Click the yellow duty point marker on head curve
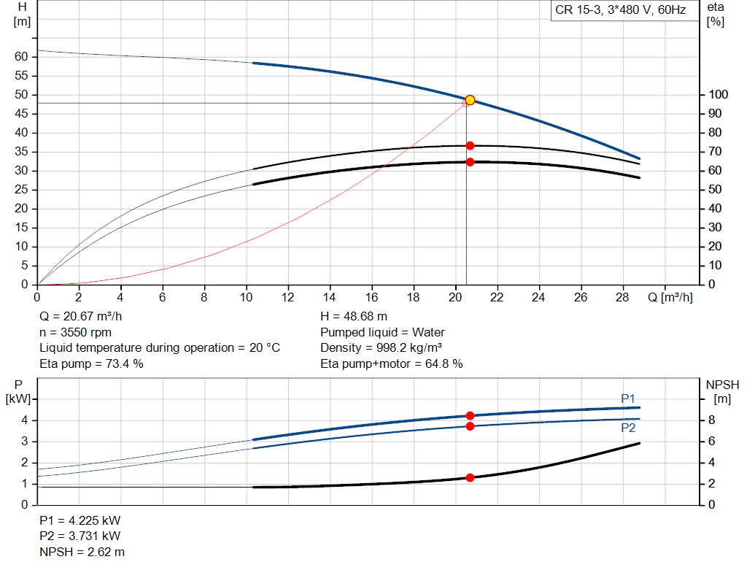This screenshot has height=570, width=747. [470, 100]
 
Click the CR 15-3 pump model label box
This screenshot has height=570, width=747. [621, 11]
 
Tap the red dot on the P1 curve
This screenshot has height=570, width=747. [470, 415]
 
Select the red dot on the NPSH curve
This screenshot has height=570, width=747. [470, 477]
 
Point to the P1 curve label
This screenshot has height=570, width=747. [628, 398]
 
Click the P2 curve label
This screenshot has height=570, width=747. [628, 428]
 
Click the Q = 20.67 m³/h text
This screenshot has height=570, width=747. [80, 317]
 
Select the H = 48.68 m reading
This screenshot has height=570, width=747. [354, 317]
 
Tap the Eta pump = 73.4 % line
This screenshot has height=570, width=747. [91, 363]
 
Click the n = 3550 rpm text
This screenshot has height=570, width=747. [75, 332]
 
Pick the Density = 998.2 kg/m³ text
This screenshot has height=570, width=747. [382, 348]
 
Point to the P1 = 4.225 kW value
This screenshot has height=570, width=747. [80, 521]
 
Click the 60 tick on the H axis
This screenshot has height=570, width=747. [21, 57]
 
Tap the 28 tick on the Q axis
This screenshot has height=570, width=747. [622, 298]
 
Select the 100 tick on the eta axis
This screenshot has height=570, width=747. [717, 95]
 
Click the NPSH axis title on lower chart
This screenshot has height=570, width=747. [722, 385]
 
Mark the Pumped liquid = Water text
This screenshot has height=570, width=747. [383, 332]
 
